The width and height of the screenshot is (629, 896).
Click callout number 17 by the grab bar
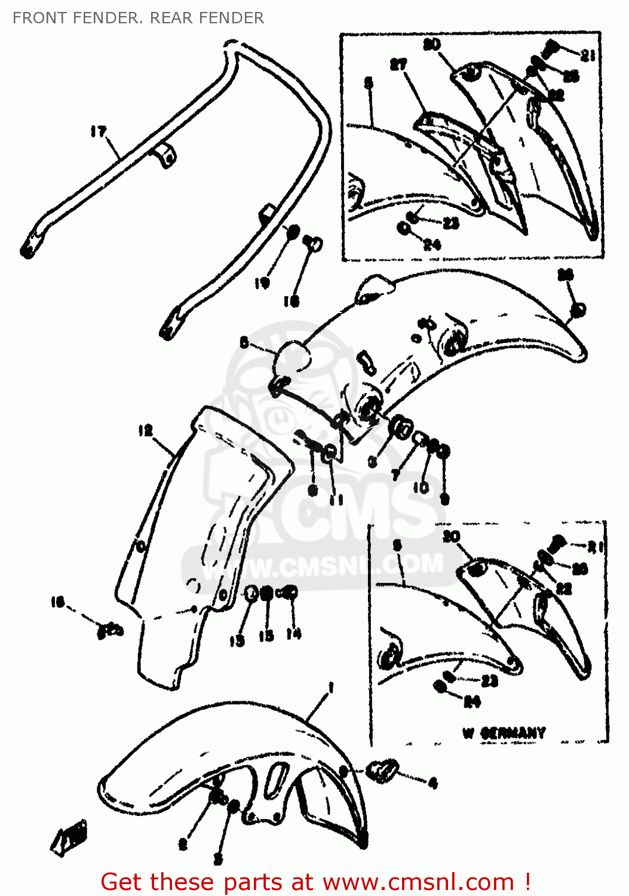click(99, 131)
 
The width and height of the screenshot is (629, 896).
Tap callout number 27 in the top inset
click(398, 65)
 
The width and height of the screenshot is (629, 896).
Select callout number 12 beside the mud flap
click(145, 431)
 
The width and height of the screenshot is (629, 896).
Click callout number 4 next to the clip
click(432, 783)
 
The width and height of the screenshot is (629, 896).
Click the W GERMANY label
click(504, 732)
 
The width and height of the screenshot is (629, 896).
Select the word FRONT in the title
click(39, 18)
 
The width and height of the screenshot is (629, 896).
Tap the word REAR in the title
click(169, 18)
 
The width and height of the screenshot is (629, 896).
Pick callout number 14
click(293, 634)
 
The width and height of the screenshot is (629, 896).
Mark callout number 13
click(237, 640)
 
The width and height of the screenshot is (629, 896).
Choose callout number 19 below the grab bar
click(262, 283)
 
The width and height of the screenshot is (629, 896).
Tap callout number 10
click(421, 487)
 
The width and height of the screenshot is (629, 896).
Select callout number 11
click(336, 499)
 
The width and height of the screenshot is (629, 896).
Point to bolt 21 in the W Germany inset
click(556, 542)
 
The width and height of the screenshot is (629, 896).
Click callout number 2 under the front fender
click(183, 844)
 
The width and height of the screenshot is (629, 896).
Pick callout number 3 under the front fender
click(218, 859)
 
